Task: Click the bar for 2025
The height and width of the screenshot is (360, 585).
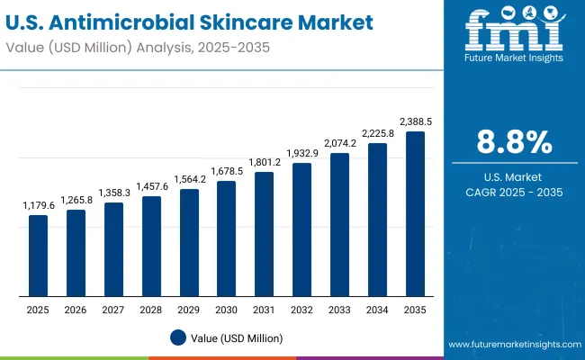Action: (38, 256)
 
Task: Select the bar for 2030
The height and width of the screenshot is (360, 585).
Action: (226, 238)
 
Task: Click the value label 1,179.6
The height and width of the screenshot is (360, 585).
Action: (38, 206)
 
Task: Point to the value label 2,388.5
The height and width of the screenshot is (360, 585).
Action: (415, 121)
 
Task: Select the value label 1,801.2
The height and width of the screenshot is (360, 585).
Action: (264, 162)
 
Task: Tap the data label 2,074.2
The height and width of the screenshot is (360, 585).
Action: (339, 143)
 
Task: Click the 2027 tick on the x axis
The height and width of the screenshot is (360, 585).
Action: (113, 310)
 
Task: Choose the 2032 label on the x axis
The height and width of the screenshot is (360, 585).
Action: (301, 310)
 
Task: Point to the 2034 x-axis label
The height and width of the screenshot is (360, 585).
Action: (377, 310)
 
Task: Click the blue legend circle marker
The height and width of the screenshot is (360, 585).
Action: (177, 337)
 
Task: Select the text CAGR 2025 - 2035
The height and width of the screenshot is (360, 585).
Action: (513, 191)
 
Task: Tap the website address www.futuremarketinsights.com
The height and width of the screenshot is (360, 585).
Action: (510, 345)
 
